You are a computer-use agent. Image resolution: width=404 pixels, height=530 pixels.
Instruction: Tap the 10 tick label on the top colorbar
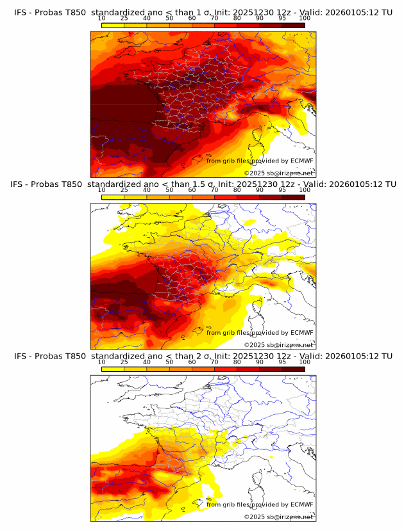pyautogui.click(x=101, y=19)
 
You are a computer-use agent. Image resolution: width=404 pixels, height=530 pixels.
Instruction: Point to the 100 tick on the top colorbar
pyautogui.click(x=305, y=19)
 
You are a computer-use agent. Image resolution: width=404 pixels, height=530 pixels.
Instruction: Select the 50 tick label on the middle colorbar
pyautogui.click(x=169, y=190)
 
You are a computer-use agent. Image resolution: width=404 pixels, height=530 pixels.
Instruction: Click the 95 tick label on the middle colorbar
pyautogui.click(x=282, y=190)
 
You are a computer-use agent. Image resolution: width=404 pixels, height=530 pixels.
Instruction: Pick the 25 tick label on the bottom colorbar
pyautogui.click(x=124, y=362)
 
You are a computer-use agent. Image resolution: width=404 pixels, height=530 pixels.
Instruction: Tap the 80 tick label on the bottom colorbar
pyautogui.click(x=237, y=362)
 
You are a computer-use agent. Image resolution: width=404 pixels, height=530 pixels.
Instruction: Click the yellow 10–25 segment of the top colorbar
pyautogui.click(x=113, y=25)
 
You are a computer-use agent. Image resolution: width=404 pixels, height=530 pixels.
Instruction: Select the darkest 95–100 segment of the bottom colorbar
pyautogui.click(x=294, y=369)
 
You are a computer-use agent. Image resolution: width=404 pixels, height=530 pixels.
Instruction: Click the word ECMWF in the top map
pyautogui.click(x=301, y=161)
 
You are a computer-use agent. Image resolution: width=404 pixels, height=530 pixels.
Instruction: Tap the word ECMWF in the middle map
pyautogui.click(x=301, y=332)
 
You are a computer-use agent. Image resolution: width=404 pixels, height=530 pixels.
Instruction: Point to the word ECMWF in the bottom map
pyautogui.click(x=301, y=504)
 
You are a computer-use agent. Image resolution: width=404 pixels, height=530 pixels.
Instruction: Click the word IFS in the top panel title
pyautogui.click(x=21, y=12)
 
